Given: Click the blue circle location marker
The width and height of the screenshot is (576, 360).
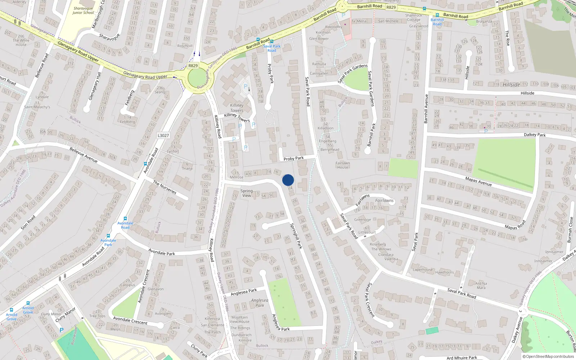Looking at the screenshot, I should pyautogui.click(x=288, y=180).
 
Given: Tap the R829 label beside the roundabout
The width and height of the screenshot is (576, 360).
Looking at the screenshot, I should pyautogui.click(x=193, y=66).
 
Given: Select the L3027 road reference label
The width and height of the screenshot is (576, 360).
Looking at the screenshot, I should pyautogui.click(x=163, y=135).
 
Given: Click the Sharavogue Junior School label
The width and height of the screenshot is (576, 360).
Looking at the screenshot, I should pyautogui.click(x=83, y=10).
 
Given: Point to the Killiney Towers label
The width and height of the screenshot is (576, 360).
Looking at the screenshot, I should pyautogui.click(x=237, y=108).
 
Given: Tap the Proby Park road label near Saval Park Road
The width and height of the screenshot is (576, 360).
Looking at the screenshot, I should pyautogui.click(x=293, y=158).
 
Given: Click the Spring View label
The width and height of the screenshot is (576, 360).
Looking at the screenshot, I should pyautogui.click(x=247, y=193).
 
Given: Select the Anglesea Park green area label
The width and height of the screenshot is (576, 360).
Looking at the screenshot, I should pyautogui.click(x=260, y=303).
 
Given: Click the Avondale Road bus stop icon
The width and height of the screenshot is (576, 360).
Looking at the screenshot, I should pyautogui.click(x=125, y=219).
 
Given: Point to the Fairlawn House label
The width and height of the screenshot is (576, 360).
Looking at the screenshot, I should pyautogui.click(x=343, y=165).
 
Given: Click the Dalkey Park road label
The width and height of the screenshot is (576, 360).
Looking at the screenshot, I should pyautogui.click(x=535, y=135).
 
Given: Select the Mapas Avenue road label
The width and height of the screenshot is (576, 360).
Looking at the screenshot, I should pyautogui.click(x=478, y=181).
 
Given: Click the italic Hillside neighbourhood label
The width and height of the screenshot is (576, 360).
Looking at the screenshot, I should pyautogui.click(x=511, y=85).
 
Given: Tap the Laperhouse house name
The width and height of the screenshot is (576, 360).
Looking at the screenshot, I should pyautogui.click(x=423, y=269).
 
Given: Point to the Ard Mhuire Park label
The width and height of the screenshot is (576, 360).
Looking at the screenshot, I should pyautogui.click(x=462, y=357).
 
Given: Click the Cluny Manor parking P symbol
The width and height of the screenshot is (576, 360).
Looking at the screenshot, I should pyautogui.click(x=62, y=330).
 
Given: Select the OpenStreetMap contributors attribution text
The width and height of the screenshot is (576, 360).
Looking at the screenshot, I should pyautogui.click(x=548, y=356).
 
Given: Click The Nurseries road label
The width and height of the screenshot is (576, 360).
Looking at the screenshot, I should pyautogui.click(x=165, y=187).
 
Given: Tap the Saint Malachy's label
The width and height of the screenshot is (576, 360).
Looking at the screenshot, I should pyautogui.click(x=37, y=107).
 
